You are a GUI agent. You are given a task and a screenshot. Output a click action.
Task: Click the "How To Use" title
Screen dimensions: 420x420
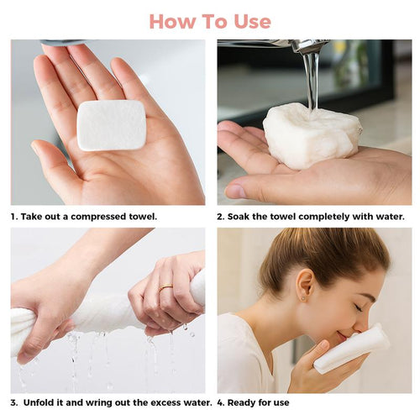click(210, 20)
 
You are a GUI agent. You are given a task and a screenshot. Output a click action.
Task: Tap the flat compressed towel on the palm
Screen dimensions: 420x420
click(111, 125)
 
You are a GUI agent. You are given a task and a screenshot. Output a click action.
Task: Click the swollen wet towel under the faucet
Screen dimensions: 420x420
click(308, 135)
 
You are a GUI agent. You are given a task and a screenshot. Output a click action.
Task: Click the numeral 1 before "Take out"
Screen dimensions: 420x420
click(13, 217)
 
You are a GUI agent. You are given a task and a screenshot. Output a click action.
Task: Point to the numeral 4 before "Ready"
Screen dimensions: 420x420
click(220, 402)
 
